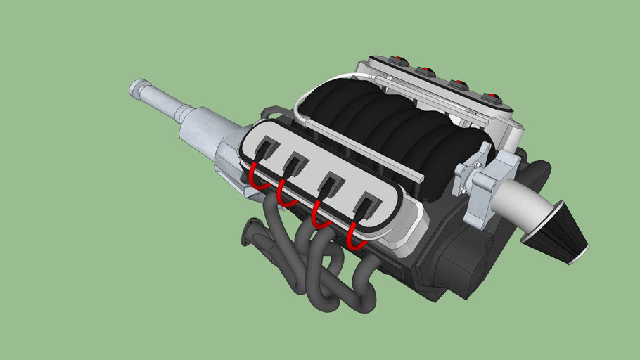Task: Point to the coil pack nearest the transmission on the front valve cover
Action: (267, 150)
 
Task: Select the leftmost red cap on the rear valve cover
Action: (400, 60)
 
